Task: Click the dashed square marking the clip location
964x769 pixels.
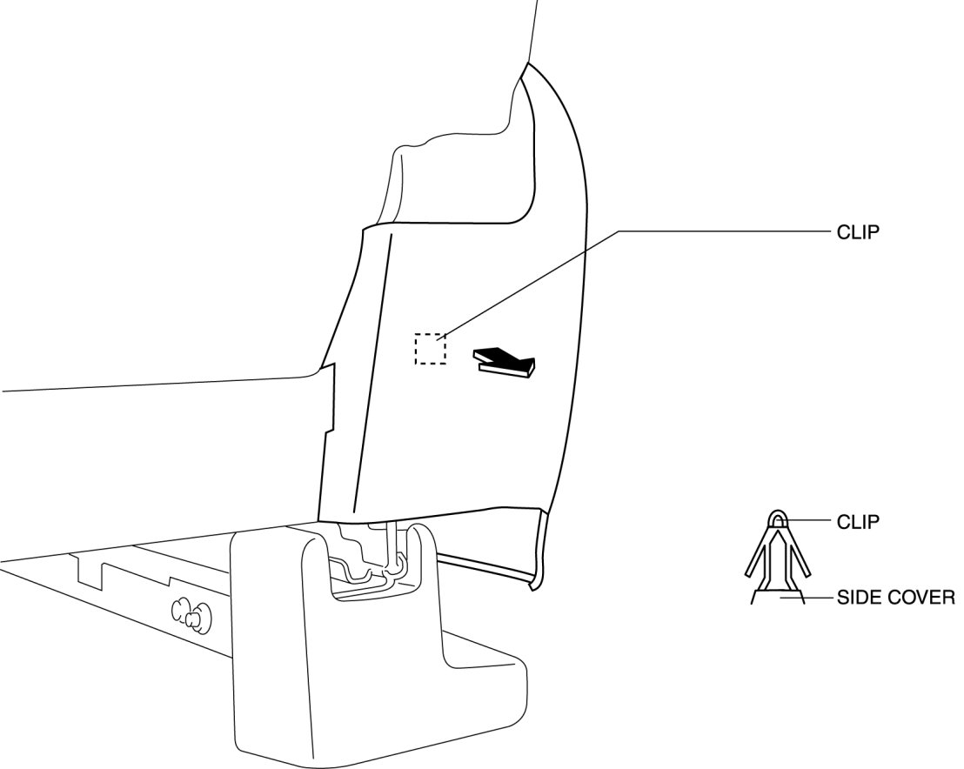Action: pyautogui.click(x=430, y=349)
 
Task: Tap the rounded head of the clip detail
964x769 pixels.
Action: pyautogui.click(x=777, y=519)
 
